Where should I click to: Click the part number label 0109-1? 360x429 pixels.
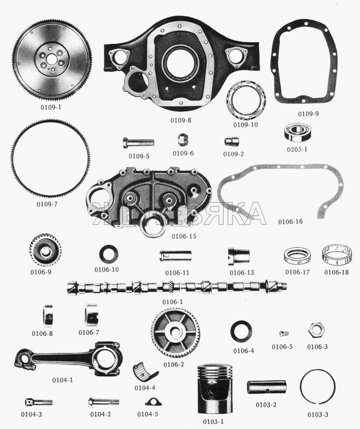click(51, 107)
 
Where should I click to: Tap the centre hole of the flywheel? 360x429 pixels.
click(51, 59)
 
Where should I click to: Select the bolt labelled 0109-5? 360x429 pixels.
click(138, 142)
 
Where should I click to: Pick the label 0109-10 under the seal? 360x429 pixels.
click(245, 124)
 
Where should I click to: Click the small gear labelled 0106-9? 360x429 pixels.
click(45, 250)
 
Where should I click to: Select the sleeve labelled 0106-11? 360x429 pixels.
click(175, 256)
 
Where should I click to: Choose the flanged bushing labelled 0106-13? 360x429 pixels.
click(239, 256)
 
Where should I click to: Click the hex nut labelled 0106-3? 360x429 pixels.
click(316, 330)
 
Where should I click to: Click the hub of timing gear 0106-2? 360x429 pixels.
click(174, 332)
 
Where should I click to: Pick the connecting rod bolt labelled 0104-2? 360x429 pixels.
click(103, 402)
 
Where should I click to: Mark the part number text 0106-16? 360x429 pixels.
click(291, 221)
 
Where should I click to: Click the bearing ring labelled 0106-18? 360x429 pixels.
click(336, 255)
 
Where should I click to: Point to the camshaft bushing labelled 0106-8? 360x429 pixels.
click(48, 315)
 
